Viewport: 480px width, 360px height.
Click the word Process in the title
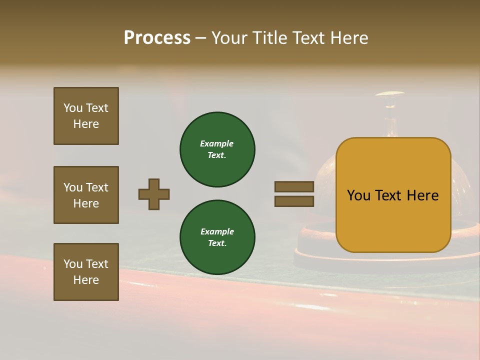(157, 38)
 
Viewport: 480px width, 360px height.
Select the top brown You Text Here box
(86, 116)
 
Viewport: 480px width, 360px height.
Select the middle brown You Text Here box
(86, 195)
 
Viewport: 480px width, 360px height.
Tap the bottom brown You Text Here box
(86, 272)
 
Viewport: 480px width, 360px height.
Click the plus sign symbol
(154, 194)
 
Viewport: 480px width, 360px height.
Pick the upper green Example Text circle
(217, 149)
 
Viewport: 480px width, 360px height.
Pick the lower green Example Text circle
(217, 237)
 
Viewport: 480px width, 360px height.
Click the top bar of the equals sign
(294, 187)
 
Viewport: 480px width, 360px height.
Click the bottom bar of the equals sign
(294, 201)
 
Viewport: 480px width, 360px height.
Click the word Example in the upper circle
(217, 143)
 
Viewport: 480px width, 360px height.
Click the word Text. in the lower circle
(217, 243)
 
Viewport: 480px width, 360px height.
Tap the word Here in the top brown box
(86, 124)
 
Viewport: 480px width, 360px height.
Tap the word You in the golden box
(359, 195)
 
